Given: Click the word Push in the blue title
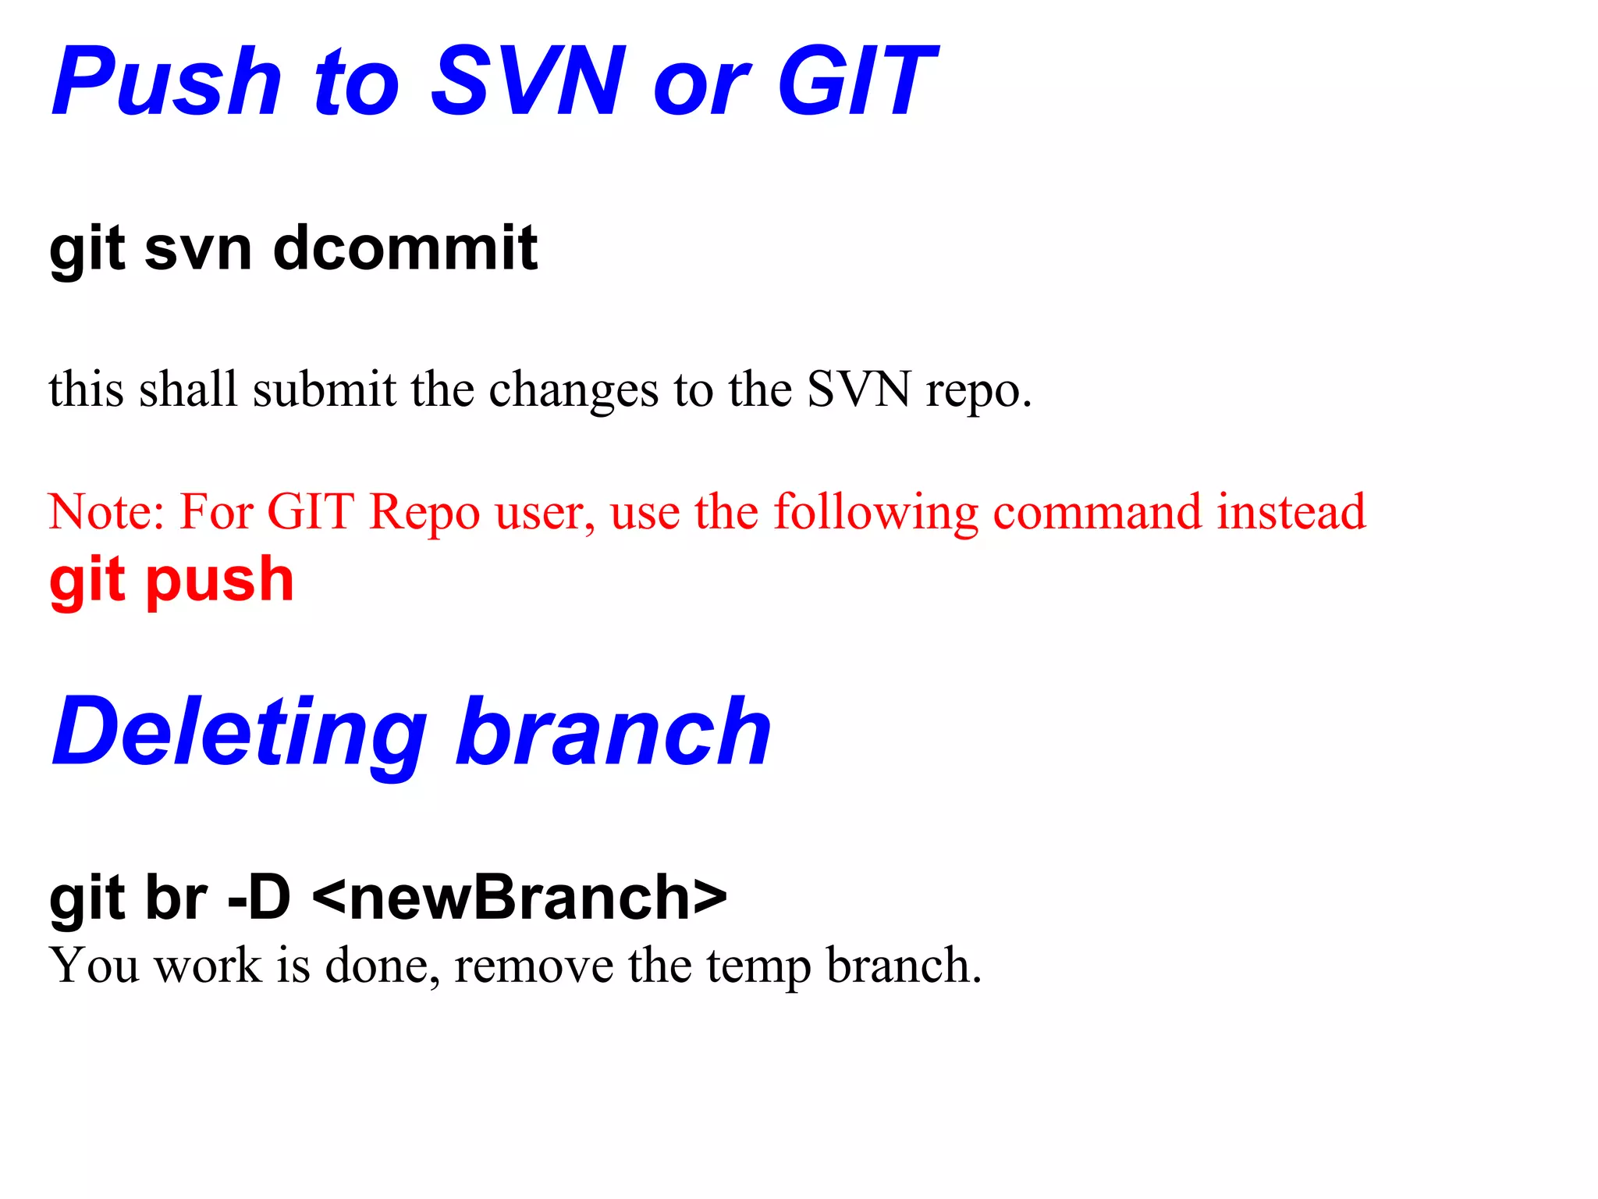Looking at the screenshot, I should [166, 82].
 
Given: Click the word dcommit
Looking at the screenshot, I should [405, 248].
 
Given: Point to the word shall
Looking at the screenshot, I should [188, 389].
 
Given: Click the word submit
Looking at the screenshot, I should [325, 389].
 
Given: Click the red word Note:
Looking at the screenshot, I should [107, 513].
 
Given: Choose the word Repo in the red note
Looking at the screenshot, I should [424, 513].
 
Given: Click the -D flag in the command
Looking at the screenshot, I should [258, 898].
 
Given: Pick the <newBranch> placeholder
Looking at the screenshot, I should [520, 898].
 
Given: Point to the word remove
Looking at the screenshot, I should [534, 966].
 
